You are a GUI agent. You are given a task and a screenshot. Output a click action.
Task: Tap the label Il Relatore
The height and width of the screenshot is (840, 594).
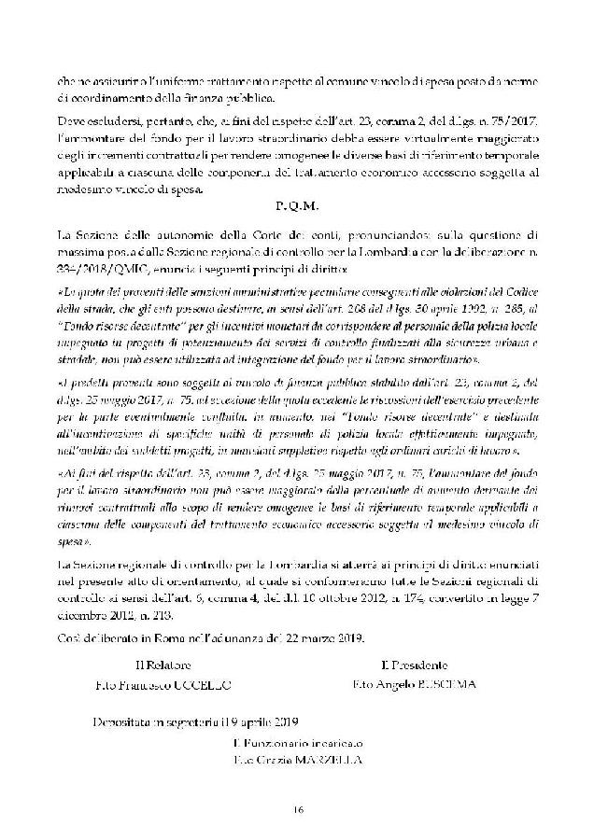[164, 665]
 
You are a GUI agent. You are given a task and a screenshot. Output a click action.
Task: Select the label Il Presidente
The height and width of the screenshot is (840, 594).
[416, 665]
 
